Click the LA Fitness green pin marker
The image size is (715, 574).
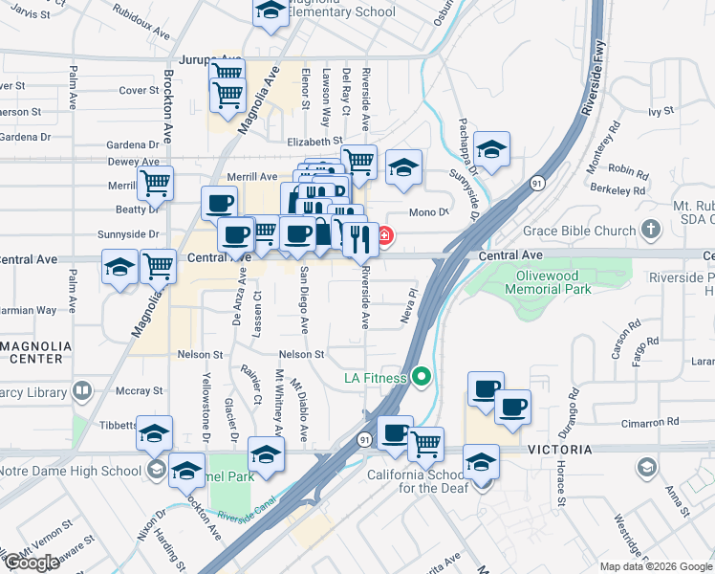[422, 378]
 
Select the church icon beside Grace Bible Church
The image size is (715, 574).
[651, 231]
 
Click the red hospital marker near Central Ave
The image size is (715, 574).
[384, 235]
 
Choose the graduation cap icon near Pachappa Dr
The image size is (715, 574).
[491, 149]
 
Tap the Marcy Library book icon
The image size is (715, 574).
[82, 389]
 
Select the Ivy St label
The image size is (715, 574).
[661, 112]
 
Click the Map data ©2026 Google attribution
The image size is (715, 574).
[656, 566]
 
